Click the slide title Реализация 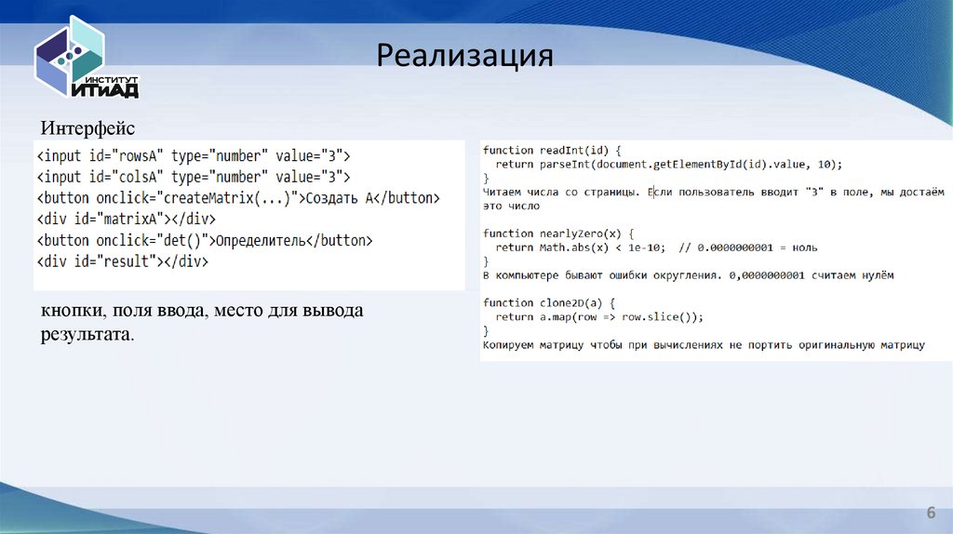pos(464,56)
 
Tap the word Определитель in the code pos(261,241)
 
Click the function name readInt pos(563,150)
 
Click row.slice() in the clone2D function pos(653,317)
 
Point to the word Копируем pos(510,345)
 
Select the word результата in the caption pos(86,332)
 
